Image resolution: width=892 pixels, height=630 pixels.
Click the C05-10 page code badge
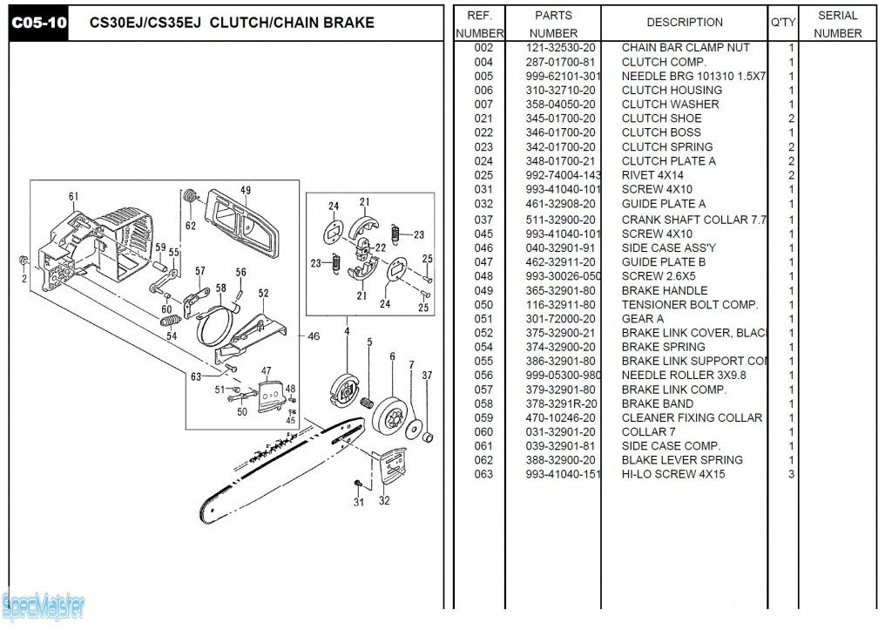pyautogui.click(x=38, y=23)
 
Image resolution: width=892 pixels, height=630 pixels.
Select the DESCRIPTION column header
pyautogui.click(x=684, y=23)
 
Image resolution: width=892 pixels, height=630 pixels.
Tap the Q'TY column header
pyautogui.click(x=782, y=23)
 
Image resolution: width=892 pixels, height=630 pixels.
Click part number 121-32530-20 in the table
pyautogui.click(x=560, y=48)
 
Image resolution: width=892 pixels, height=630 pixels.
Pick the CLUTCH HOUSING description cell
pyautogui.click(x=671, y=91)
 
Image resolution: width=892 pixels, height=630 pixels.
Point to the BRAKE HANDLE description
pyautogui.click(x=664, y=291)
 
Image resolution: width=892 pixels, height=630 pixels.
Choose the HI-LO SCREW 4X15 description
pyautogui.click(x=672, y=475)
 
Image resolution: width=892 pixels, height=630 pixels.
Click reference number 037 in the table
pyautogui.click(x=483, y=220)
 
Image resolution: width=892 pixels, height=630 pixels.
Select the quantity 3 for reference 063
pyautogui.click(x=791, y=475)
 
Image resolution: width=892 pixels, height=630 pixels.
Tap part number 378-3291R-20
pyautogui.click(x=560, y=404)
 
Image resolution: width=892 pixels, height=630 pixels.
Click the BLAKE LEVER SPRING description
pyautogui.click(x=681, y=460)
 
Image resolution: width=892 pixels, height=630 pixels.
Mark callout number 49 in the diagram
pyautogui.click(x=246, y=191)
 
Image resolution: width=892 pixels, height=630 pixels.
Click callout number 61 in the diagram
pyautogui.click(x=74, y=196)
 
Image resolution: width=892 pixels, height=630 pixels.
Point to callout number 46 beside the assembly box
pyautogui.click(x=314, y=335)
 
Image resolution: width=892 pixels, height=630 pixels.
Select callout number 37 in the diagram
pyautogui.click(x=427, y=376)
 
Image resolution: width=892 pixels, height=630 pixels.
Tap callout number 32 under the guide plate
pyautogui.click(x=384, y=501)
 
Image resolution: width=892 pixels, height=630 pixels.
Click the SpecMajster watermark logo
pyautogui.click(x=44, y=603)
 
